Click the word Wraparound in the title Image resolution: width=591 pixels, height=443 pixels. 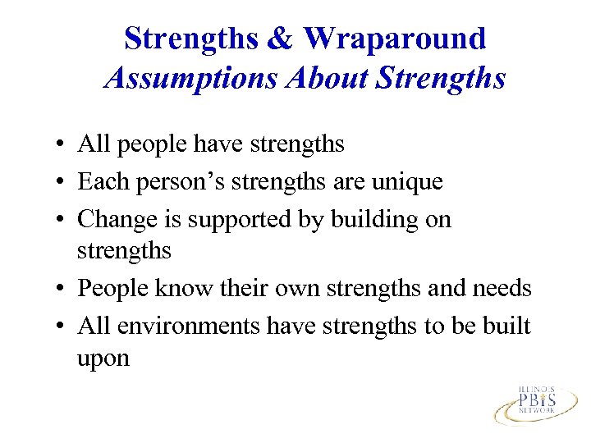click(x=395, y=39)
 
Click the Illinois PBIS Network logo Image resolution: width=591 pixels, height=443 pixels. click(x=534, y=401)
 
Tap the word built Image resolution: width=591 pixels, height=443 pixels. click(x=506, y=327)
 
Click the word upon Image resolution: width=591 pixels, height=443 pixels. click(x=103, y=359)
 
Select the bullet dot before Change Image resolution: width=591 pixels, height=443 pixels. click(x=62, y=220)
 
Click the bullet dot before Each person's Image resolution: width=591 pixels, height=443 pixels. click(x=62, y=182)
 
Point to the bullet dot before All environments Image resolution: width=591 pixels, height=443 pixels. click(x=62, y=327)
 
